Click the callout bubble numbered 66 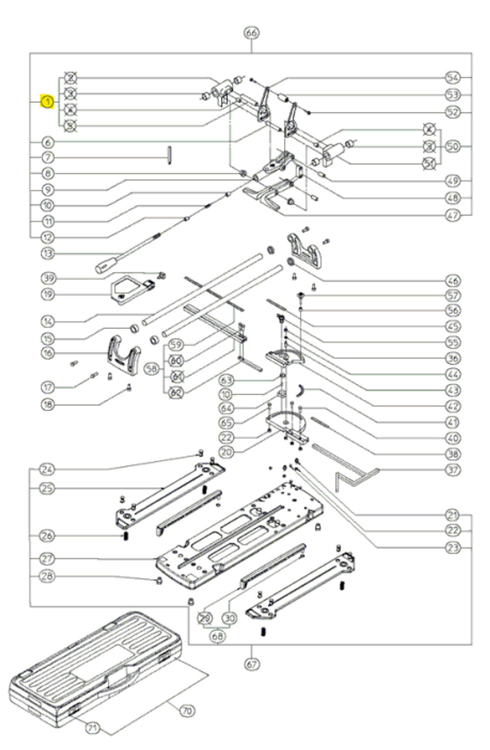251,33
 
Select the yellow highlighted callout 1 47,102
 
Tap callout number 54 453,77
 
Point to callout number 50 453,146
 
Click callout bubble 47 453,214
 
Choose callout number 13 47,254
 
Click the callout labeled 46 453,281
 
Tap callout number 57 453,295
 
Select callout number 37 453,470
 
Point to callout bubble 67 251,664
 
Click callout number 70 187,710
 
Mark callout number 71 92,728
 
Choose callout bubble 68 218,636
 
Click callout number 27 47,559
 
